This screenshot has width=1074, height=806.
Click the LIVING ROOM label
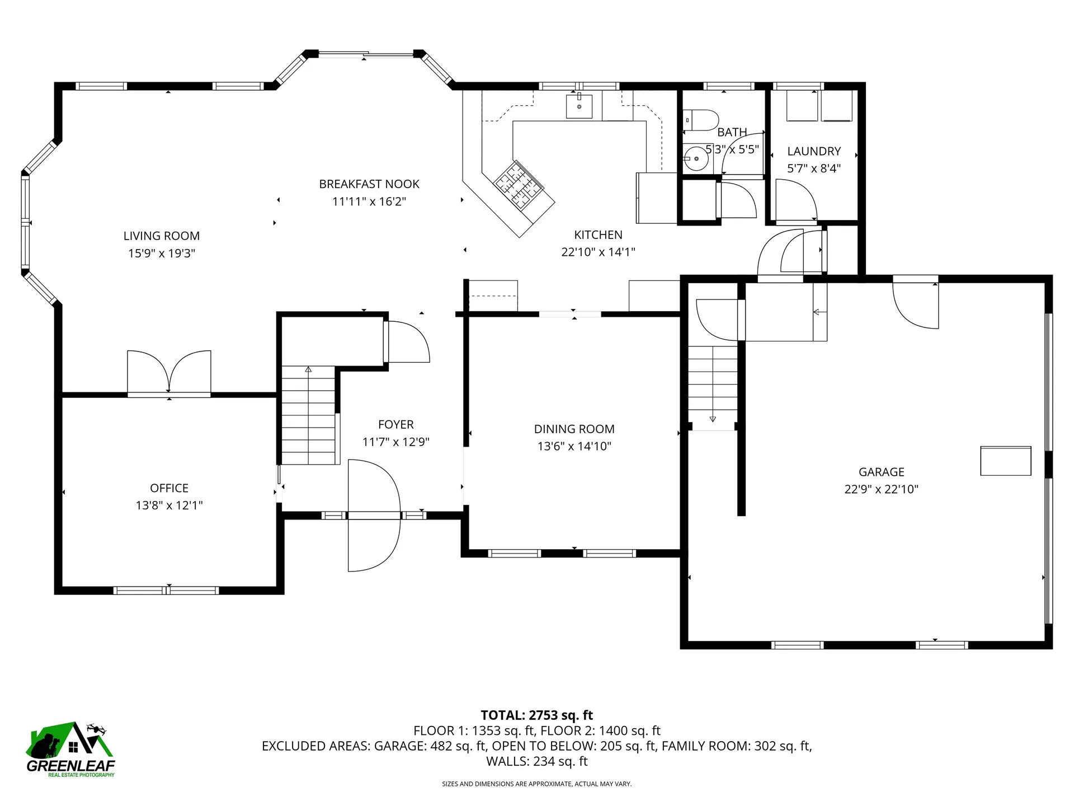click(161, 236)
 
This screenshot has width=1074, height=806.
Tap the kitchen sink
click(579, 106)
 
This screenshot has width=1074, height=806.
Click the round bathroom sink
click(696, 159)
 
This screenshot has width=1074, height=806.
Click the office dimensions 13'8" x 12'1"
click(169, 505)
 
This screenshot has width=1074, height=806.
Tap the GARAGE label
click(881, 472)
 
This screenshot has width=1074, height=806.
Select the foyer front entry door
click(374, 516)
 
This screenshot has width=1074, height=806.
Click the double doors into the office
click(169, 374)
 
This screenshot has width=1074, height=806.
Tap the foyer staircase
click(308, 414)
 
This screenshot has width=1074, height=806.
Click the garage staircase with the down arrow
click(713, 386)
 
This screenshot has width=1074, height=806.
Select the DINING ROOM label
click(574, 429)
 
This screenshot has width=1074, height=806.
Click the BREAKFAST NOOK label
click(369, 184)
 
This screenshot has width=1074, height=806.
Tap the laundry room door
click(795, 201)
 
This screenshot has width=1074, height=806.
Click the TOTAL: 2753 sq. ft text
click(536, 715)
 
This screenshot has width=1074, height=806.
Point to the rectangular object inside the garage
click(1005, 461)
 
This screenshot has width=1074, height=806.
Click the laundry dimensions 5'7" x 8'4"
click(814, 168)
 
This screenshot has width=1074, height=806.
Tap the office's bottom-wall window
click(166, 590)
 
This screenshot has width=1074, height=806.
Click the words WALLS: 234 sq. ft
click(536, 761)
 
